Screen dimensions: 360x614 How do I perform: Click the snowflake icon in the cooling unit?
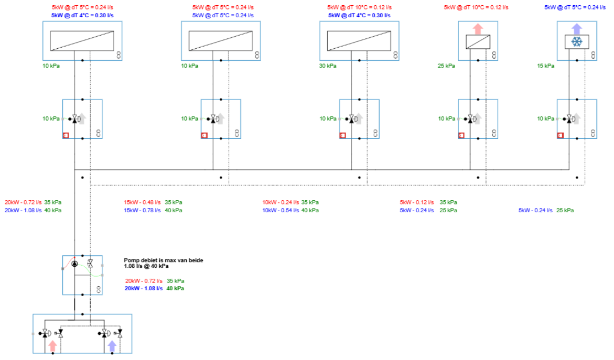click(576, 41)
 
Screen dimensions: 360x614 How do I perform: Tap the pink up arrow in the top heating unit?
click(478, 28)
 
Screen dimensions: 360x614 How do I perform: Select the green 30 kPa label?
click(328, 66)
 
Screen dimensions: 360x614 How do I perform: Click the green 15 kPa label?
click(545, 66)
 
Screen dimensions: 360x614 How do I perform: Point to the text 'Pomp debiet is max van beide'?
click(163, 260)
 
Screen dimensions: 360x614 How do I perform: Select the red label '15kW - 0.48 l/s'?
click(142, 202)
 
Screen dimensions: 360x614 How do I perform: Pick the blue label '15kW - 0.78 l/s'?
click(142, 210)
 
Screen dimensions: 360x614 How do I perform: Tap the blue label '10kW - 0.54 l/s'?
click(281, 210)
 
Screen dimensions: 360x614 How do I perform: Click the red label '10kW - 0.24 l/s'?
click(281, 202)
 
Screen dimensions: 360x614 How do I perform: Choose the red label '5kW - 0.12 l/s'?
click(417, 202)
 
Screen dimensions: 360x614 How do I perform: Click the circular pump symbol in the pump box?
click(74, 264)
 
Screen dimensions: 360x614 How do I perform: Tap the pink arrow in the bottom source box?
click(52, 346)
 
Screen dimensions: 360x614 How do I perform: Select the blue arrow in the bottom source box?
click(112, 346)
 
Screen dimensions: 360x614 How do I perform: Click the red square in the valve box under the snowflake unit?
click(561, 136)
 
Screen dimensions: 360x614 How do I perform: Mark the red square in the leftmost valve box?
click(66, 136)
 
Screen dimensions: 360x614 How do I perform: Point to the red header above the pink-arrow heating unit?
click(476, 7)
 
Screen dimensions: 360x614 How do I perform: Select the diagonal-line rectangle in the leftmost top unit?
click(82, 40)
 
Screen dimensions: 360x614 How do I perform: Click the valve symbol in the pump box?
click(90, 263)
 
